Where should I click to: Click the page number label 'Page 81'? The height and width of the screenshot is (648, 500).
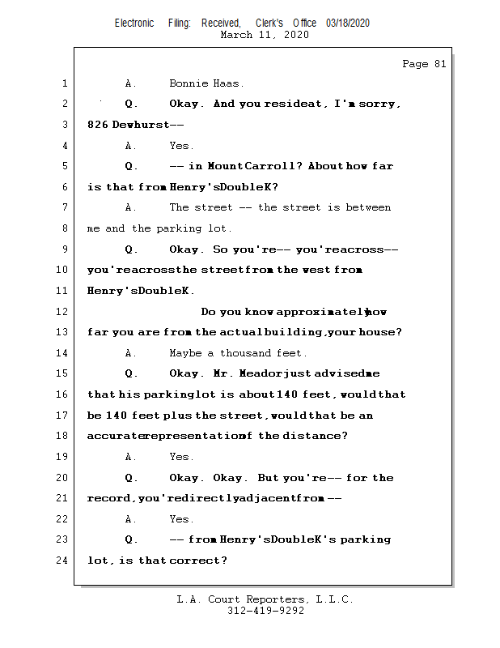pyautogui.click(x=424, y=64)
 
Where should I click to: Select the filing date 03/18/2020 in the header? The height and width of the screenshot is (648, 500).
pyautogui.click(x=348, y=23)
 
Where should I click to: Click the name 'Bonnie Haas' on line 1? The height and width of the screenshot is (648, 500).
pyautogui.click(x=206, y=83)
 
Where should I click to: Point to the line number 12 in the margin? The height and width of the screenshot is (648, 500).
pyautogui.click(x=63, y=312)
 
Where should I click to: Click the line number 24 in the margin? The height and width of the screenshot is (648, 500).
pyautogui.click(x=63, y=561)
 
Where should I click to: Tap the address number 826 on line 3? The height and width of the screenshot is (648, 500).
pyautogui.click(x=97, y=125)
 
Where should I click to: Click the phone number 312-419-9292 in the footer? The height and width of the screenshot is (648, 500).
pyautogui.click(x=265, y=611)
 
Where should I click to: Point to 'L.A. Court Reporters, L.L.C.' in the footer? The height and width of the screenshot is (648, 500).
pyautogui.click(x=265, y=599)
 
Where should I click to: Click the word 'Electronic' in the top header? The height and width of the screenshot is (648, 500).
pyautogui.click(x=134, y=23)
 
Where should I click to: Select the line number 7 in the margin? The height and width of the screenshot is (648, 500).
pyautogui.click(x=63, y=208)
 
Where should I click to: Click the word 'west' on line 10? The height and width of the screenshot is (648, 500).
pyautogui.click(x=316, y=270)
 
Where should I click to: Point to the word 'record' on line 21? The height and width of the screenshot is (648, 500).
pyautogui.click(x=109, y=499)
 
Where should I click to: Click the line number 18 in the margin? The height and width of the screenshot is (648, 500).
pyautogui.click(x=63, y=436)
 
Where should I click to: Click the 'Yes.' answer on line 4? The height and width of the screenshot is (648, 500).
pyautogui.click(x=181, y=146)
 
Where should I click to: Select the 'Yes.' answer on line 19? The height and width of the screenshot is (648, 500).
pyautogui.click(x=181, y=457)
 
